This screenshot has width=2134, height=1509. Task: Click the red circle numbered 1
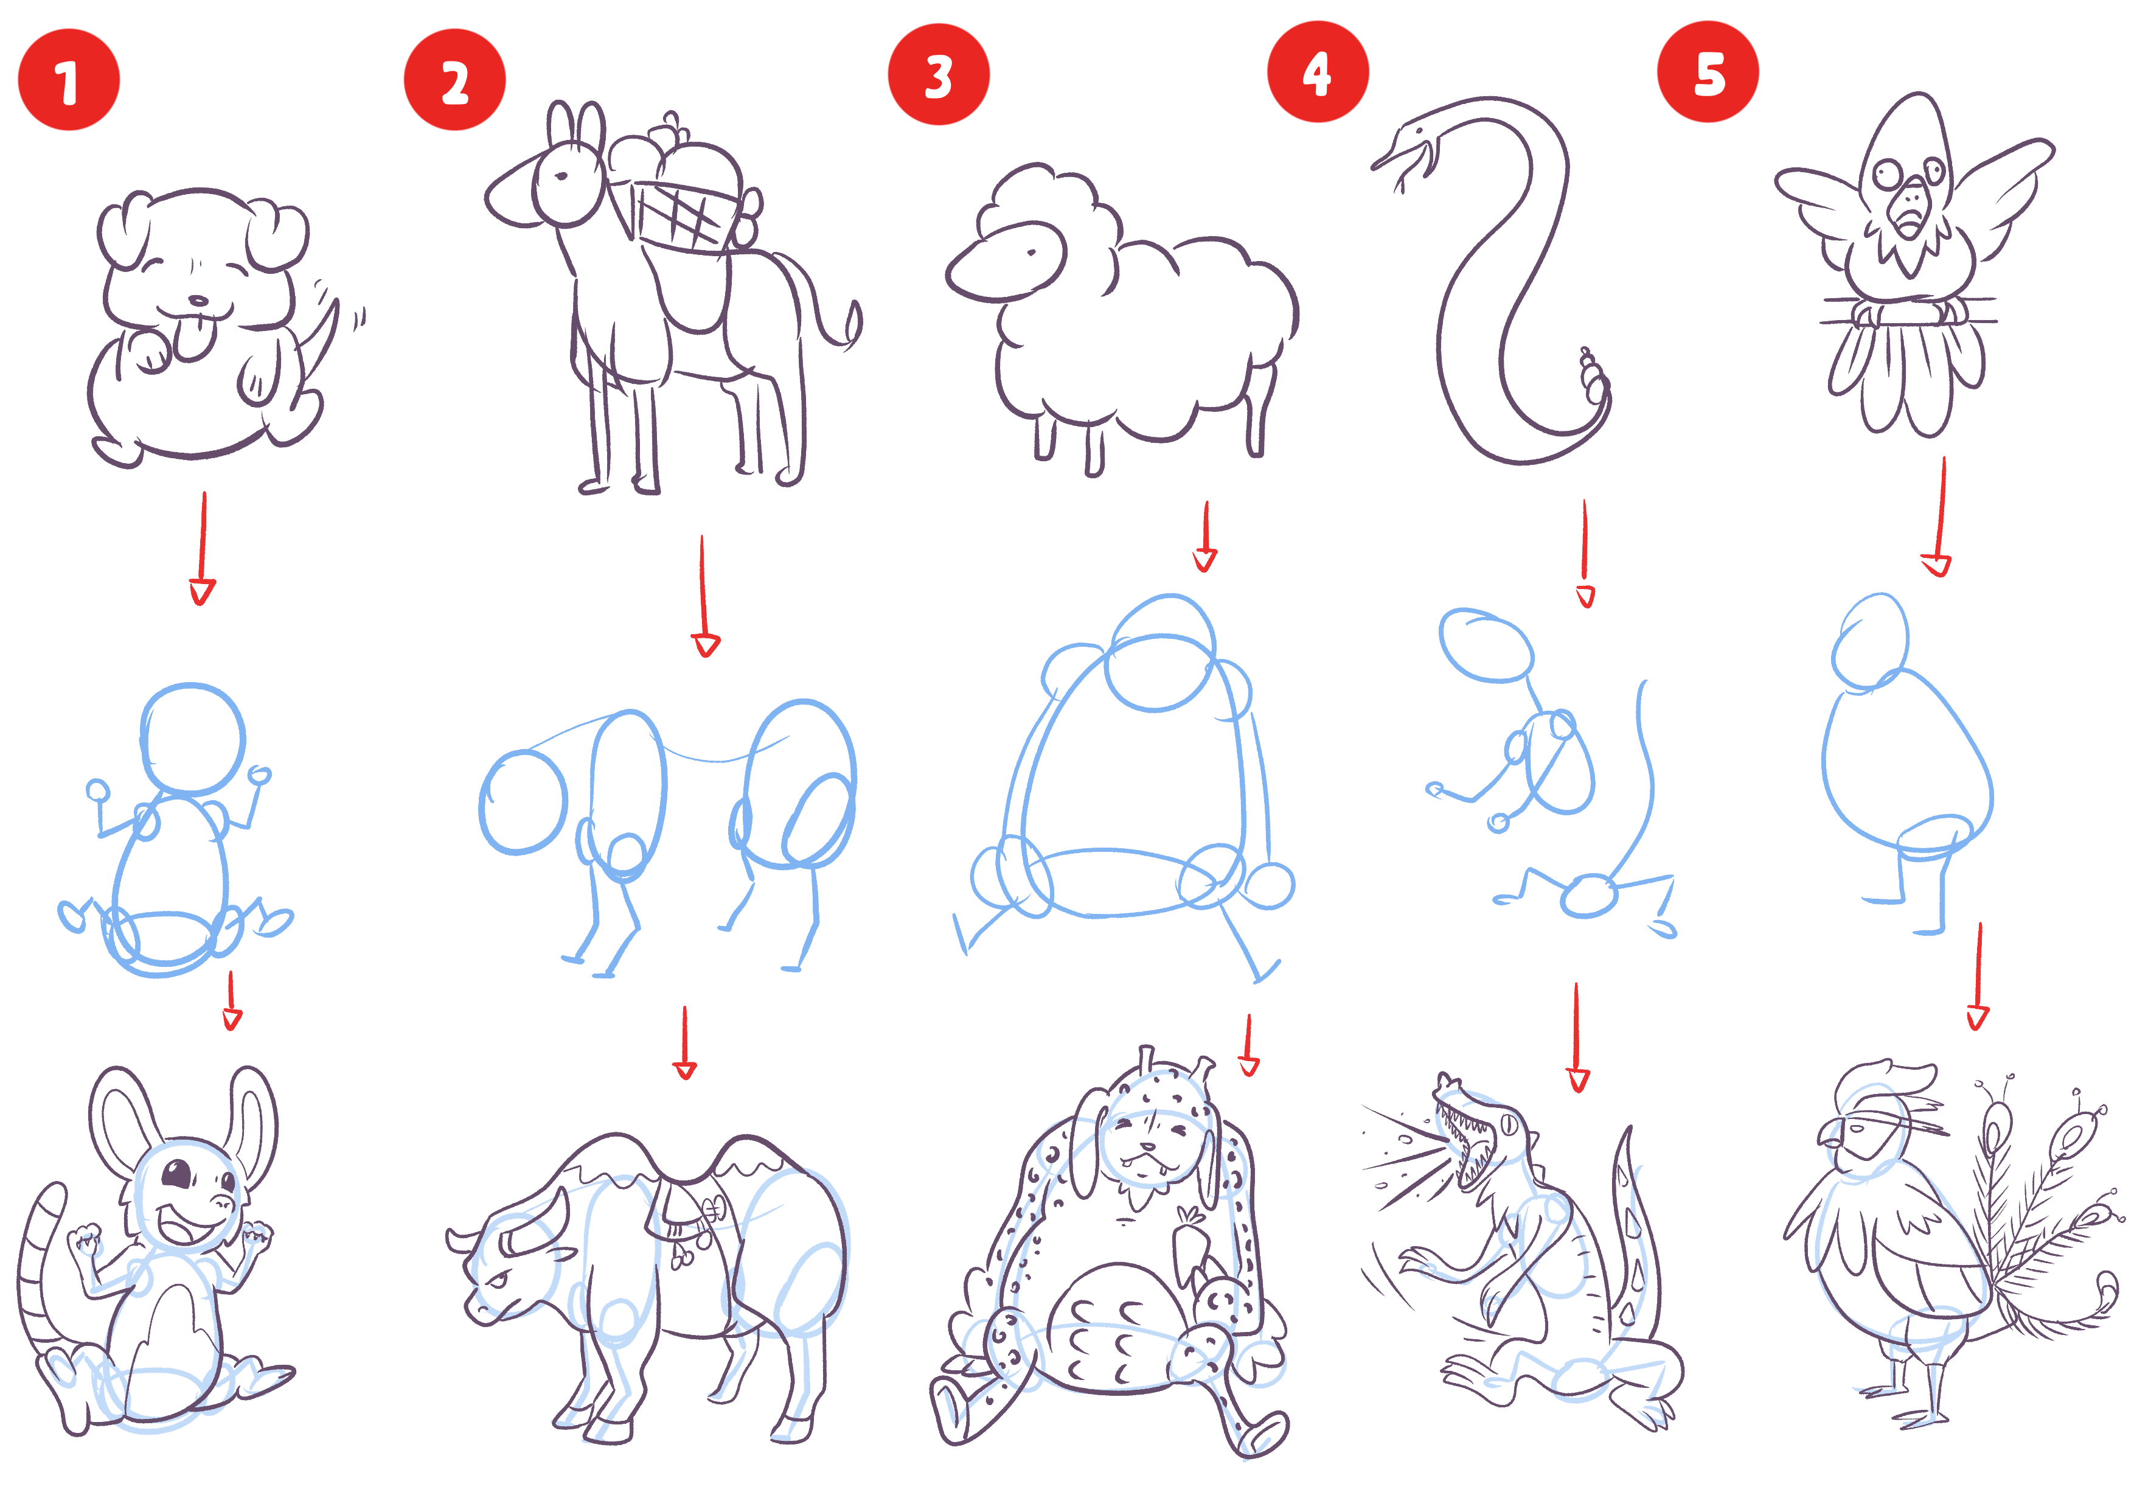pos(69,80)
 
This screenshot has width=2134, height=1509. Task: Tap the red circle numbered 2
pos(454,80)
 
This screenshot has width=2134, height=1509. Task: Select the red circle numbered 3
pos(939,74)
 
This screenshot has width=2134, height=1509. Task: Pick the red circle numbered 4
pos(1318,72)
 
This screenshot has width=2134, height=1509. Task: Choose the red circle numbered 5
pos(1708,72)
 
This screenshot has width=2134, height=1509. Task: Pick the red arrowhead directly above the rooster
pos(1978,1017)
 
